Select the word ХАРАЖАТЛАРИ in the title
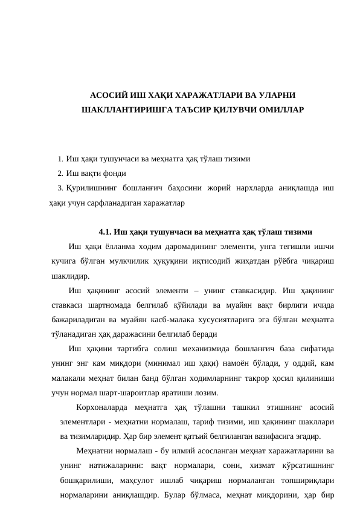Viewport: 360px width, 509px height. [196, 96]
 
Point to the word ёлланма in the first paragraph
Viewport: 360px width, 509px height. [118, 246]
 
